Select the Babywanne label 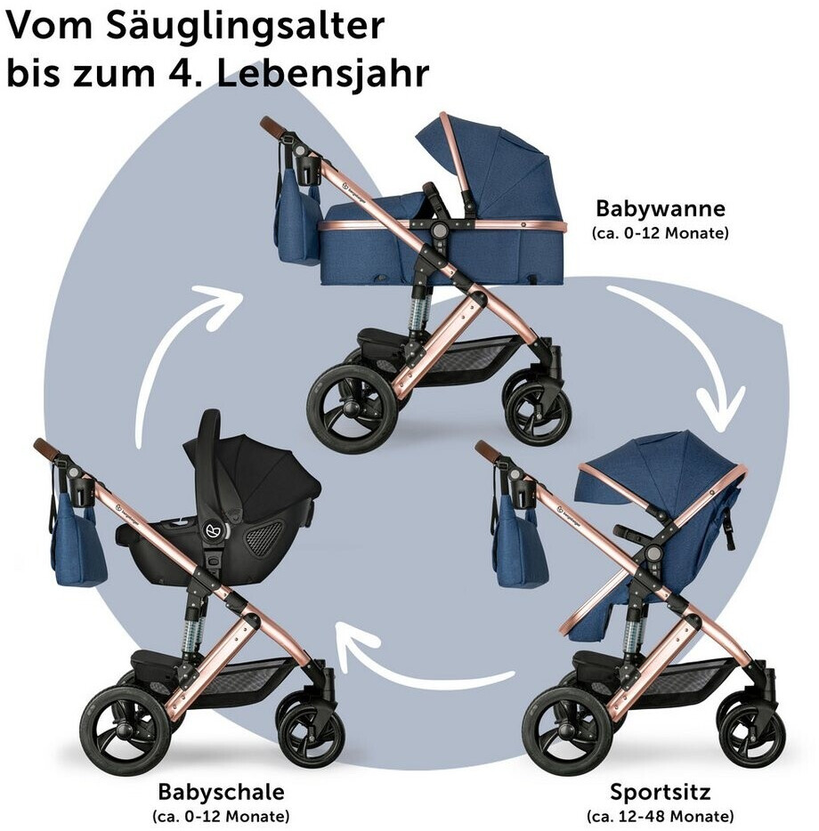pyautogui.click(x=660, y=210)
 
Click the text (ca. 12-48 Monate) pyautogui.click(x=660, y=815)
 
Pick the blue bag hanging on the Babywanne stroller pyautogui.click(x=298, y=222)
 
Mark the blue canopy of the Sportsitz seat pyautogui.click(x=659, y=467)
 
